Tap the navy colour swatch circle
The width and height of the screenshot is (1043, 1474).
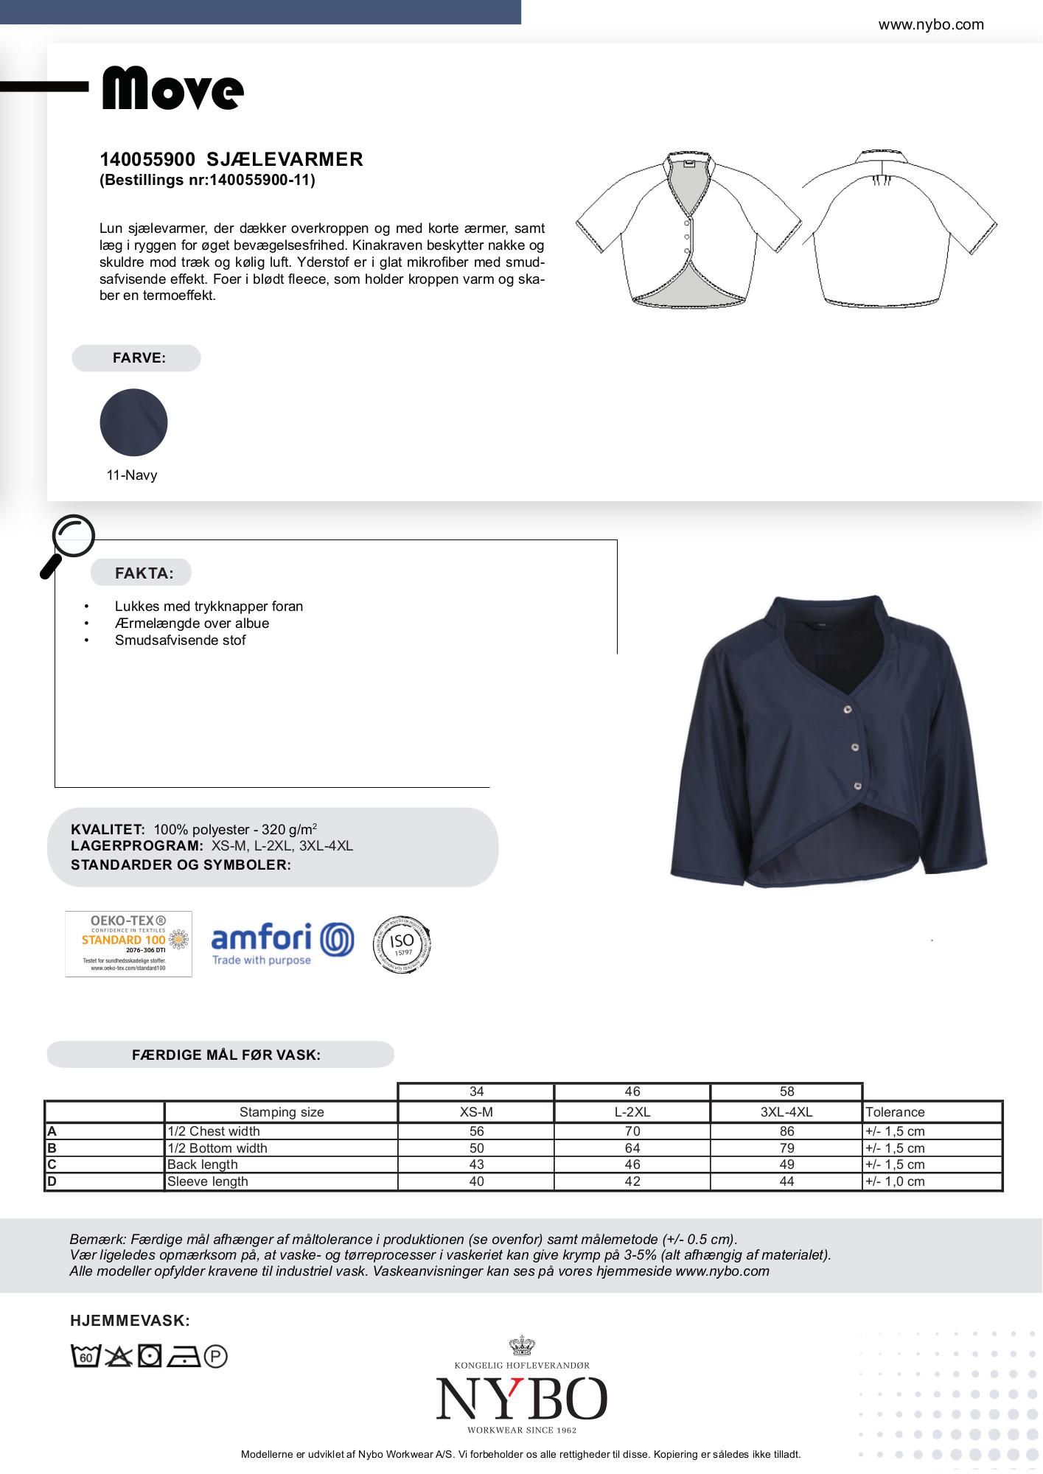[x=133, y=422]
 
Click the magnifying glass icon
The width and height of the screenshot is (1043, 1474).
[x=69, y=544]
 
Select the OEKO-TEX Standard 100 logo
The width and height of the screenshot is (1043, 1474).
[x=129, y=944]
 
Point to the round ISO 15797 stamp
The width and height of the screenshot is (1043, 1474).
[x=402, y=944]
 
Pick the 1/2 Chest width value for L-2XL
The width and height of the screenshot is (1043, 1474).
[x=632, y=1131]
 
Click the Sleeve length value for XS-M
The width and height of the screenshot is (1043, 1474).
[x=476, y=1181]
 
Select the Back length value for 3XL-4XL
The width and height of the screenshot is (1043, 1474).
[x=786, y=1164]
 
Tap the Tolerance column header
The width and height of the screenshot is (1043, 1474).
[x=895, y=1112]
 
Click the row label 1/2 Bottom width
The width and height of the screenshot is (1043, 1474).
[x=217, y=1148]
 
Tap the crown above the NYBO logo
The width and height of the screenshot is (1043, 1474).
[x=522, y=1346]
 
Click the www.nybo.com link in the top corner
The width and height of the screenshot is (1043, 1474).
[x=930, y=24]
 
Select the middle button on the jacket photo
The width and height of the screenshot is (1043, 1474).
[x=855, y=747]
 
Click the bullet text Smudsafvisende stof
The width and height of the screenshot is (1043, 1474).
[x=181, y=640]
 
